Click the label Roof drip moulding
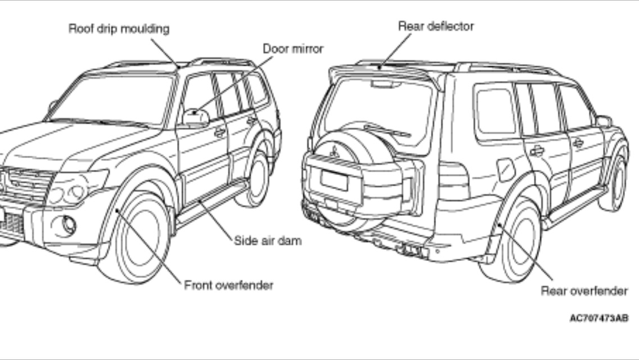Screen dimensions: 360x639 pyautogui.click(x=119, y=29)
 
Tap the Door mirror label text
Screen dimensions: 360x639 pyautogui.click(x=293, y=49)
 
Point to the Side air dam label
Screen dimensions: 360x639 pyautogui.click(x=268, y=240)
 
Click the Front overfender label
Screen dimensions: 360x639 pyautogui.click(x=229, y=285)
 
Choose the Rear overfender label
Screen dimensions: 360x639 pyautogui.click(x=584, y=291)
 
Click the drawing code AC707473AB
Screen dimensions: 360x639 pyautogui.click(x=598, y=318)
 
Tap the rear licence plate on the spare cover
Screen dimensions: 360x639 pyautogui.click(x=334, y=180)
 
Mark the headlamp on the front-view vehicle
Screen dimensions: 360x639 pyautogui.click(x=76, y=188)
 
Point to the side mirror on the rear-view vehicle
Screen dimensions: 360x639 pyautogui.click(x=604, y=121)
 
